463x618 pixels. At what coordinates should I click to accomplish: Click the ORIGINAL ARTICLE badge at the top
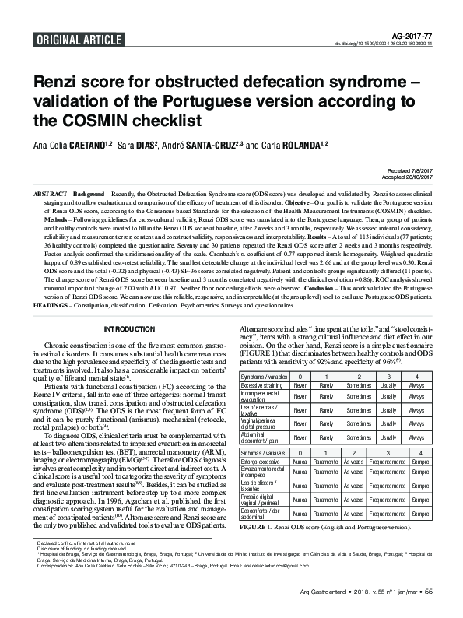coord(69,37)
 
